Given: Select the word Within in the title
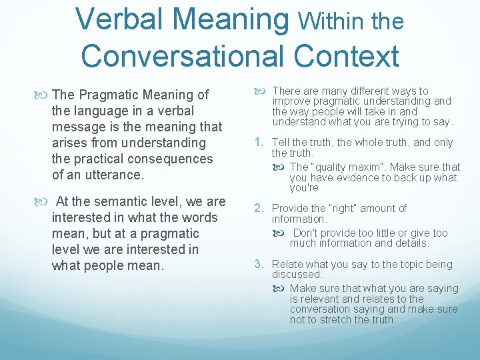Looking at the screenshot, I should [329, 22].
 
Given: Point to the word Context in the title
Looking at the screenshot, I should [357, 55].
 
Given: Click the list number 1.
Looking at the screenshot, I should [260, 142].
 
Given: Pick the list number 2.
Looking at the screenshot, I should [261, 208].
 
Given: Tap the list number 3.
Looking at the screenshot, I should [261, 264].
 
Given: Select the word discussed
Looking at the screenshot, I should [297, 275].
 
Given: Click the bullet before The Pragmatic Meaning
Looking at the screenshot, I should [43, 95].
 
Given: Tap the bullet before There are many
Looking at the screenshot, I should [263, 91].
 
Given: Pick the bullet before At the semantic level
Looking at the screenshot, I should [43, 201].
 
